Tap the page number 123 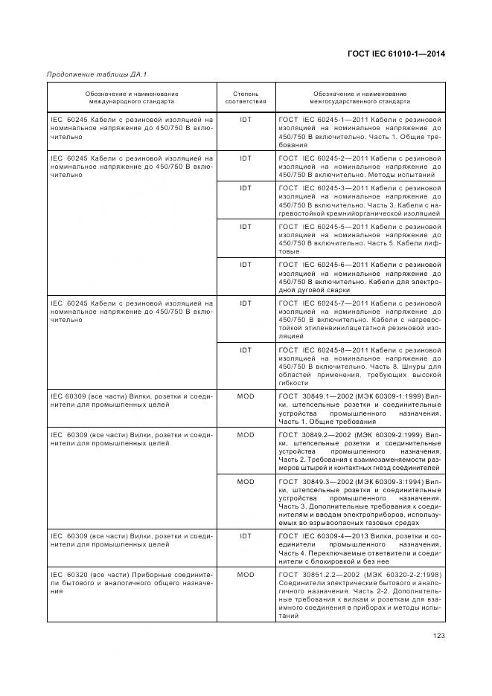tap(438, 635)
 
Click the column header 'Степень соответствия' tap(246, 98)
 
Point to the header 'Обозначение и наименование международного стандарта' tap(131, 98)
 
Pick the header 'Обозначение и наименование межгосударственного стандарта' tap(360, 98)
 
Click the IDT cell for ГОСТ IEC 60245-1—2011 tap(246, 119)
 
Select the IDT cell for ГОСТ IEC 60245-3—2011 tap(246, 188)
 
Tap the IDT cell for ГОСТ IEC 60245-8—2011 tap(246, 349)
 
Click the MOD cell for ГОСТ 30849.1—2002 tap(246, 396)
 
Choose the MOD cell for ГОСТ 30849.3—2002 tap(246, 482)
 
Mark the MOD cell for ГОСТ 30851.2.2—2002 tap(246, 575)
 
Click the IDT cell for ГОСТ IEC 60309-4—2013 tap(246, 535)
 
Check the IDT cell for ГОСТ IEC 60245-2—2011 tap(246, 158)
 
